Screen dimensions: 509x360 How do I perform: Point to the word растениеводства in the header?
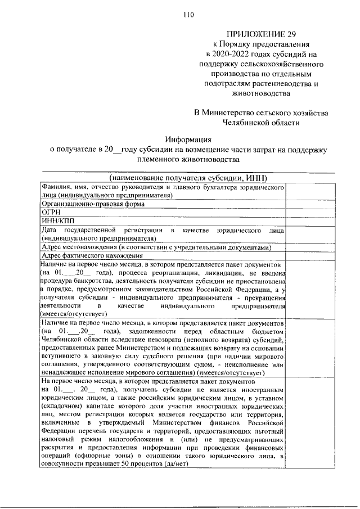[x=281, y=83]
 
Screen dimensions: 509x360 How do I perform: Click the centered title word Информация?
[x=188, y=139]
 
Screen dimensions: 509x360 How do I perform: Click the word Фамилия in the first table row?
[x=54, y=186]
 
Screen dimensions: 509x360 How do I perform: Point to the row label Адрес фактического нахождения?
[x=85, y=256]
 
